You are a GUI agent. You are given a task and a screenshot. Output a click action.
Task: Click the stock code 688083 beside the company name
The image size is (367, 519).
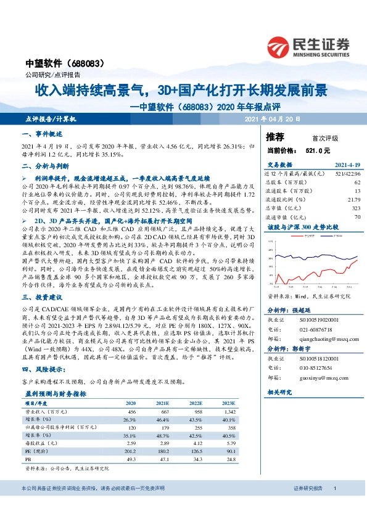point(93,63)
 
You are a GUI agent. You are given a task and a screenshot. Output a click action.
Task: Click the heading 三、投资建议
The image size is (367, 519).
point(43,296)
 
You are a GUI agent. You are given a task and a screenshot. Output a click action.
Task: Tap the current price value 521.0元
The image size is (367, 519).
point(318,150)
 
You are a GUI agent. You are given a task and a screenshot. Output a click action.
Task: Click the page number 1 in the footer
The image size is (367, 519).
point(334,506)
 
